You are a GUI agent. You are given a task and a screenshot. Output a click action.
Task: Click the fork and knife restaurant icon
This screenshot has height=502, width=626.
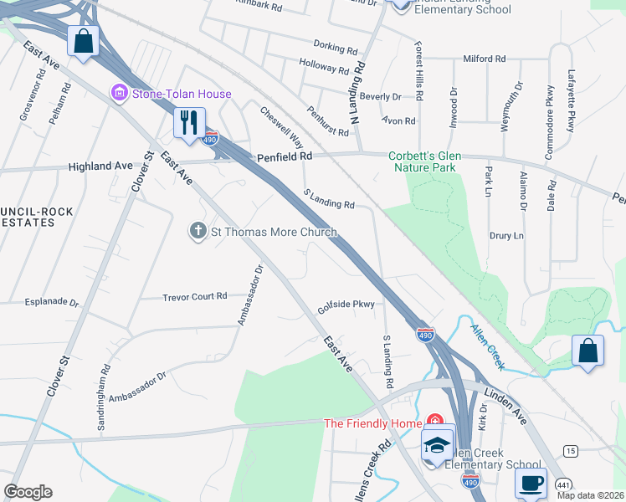tap(188, 122)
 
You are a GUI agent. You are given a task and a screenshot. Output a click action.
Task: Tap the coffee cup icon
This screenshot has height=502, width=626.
tap(531, 483)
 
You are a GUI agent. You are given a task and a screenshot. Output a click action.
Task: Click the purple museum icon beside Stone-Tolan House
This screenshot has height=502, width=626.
tap(118, 94)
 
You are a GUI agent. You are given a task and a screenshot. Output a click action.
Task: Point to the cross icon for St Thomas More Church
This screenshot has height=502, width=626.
tap(198, 232)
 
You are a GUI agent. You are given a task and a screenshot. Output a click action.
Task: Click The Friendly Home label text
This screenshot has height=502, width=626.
tap(372, 423)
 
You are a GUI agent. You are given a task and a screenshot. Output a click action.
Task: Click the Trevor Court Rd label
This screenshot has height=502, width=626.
tap(195, 296)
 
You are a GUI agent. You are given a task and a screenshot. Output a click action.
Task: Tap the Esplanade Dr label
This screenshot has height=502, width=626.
tap(52, 303)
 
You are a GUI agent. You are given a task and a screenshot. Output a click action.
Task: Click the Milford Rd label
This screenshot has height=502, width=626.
tap(485, 59)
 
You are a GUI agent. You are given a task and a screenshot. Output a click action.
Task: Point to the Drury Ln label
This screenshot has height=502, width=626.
tap(506, 236)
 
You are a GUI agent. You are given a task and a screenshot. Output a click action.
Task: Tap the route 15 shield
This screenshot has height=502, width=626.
tap(570, 451)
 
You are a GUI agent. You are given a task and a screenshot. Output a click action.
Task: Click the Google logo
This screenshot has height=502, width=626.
tap(28, 492)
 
